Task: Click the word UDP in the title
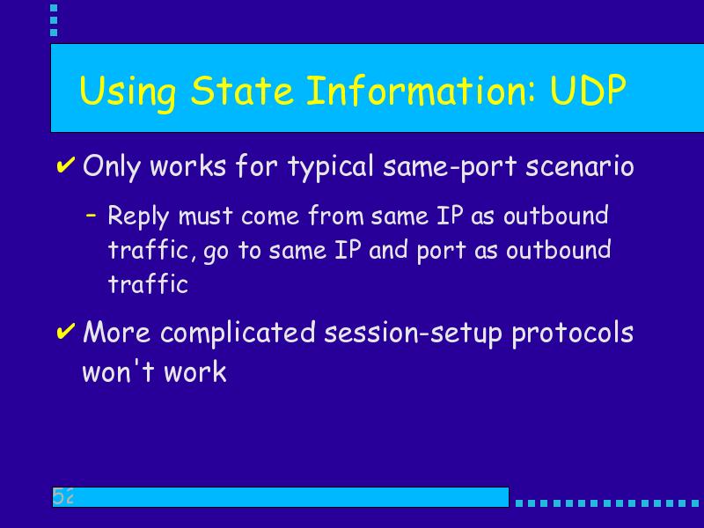(588, 90)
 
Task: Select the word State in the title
(242, 90)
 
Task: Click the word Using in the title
(128, 93)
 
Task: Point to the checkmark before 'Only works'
(65, 165)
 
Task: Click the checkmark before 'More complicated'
(65, 332)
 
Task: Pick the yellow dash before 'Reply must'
(92, 216)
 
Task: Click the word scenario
(580, 166)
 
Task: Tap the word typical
(331, 167)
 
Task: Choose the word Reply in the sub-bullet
(139, 216)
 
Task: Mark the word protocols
(573, 334)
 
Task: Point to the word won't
(119, 370)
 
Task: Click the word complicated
(238, 334)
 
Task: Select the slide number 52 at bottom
(62, 496)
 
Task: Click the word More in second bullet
(117, 333)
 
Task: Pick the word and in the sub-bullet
(388, 250)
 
